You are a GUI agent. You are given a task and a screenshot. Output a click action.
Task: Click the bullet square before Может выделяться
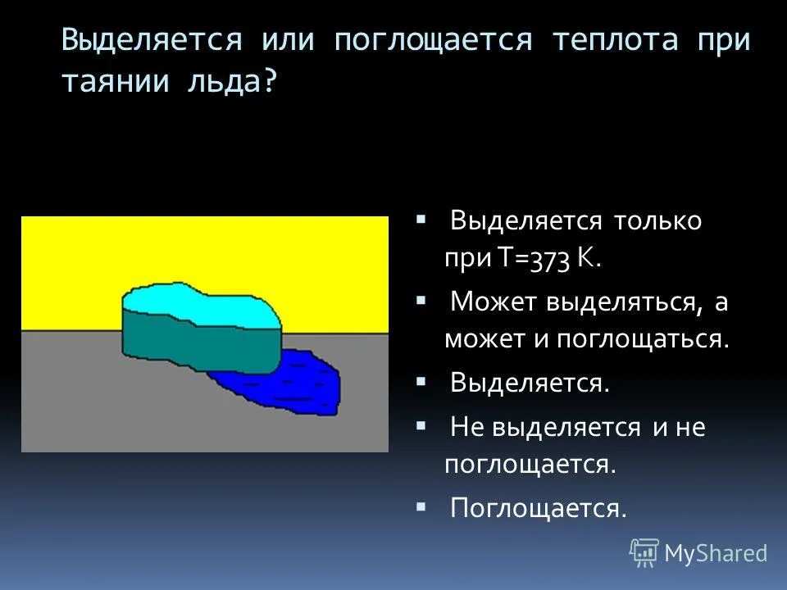pos(421,302)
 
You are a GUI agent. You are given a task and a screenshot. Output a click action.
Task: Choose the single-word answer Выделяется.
pos(530,383)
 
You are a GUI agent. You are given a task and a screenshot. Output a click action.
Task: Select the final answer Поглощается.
pos(538,508)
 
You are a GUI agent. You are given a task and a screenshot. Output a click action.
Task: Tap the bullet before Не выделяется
pos(421,426)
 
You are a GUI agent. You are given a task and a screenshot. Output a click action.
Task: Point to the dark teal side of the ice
pos(197,344)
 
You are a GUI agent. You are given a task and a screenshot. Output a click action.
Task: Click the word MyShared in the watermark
pos(716,554)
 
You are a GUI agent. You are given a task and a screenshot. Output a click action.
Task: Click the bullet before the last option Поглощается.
pos(421,507)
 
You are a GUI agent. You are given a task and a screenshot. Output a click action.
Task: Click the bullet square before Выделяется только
pos(421,220)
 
